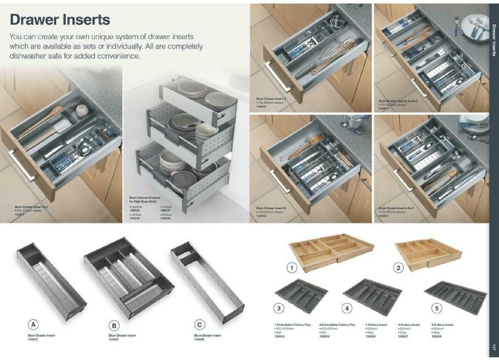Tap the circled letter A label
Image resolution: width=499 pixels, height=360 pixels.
pos(34,325)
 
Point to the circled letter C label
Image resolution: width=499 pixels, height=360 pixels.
pos(200,325)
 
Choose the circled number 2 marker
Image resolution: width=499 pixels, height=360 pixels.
pos(399,268)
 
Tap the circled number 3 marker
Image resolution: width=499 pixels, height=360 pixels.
pos(279,308)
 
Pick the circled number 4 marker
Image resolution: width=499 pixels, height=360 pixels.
pos(347,308)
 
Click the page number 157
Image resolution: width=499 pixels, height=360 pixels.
pos(494,347)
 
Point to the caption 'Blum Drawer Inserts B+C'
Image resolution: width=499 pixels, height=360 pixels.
pos(396,208)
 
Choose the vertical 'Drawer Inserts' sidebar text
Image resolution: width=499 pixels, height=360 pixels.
pos(494,37)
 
